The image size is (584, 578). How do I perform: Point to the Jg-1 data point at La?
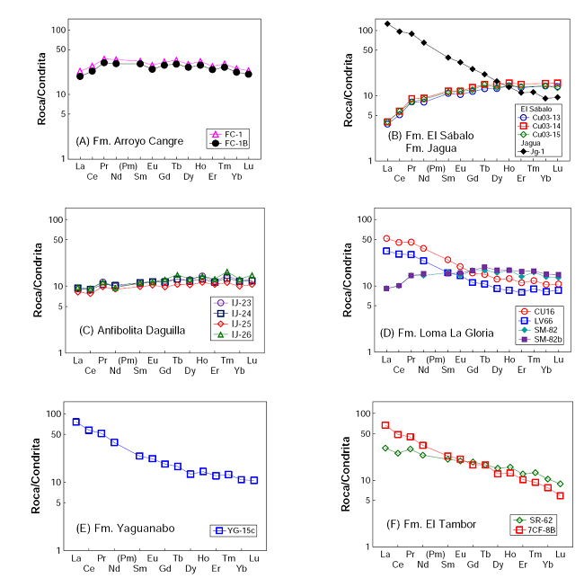(387, 23)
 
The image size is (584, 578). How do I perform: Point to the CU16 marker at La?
(387, 239)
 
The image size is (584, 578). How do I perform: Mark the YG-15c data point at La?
(76, 422)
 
